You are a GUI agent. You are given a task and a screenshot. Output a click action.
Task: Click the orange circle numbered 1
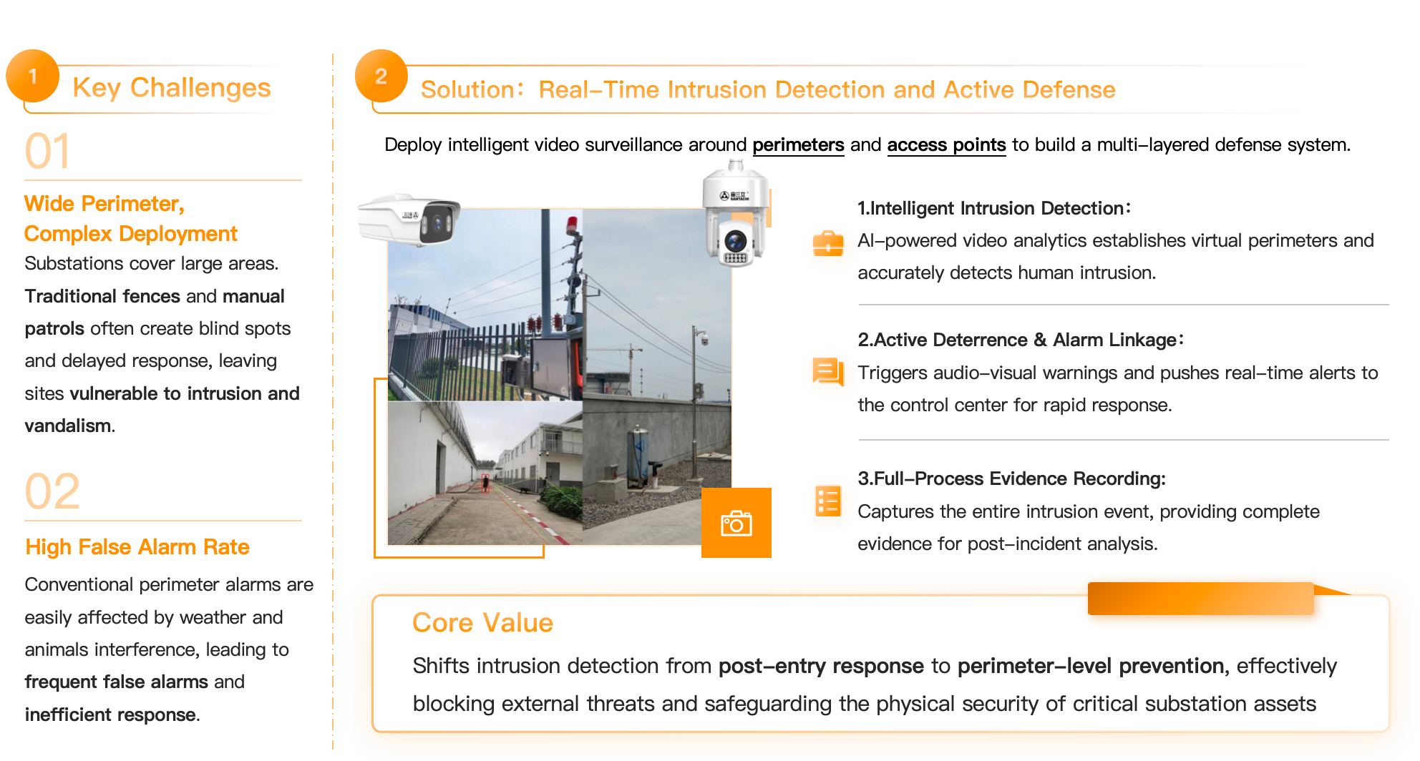click(32, 76)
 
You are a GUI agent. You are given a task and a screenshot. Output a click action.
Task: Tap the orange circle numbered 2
click(381, 76)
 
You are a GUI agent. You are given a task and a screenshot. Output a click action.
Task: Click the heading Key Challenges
click(172, 87)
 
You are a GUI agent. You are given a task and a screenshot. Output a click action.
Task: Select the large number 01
click(48, 151)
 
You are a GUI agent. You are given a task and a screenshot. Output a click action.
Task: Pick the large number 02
click(52, 491)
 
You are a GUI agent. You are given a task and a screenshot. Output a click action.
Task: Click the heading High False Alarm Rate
click(137, 547)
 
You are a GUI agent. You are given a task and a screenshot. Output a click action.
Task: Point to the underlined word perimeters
click(798, 145)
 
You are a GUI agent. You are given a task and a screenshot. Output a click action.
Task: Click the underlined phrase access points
click(946, 145)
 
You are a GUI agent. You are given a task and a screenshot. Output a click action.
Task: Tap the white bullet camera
click(409, 220)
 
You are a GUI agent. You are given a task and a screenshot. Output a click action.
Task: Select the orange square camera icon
click(736, 523)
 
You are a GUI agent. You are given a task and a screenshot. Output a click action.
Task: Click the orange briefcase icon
click(828, 243)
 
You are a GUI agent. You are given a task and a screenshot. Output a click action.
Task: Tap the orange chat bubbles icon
click(828, 371)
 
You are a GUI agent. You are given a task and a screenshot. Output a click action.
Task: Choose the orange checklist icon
click(828, 501)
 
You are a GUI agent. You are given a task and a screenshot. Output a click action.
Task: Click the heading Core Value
click(482, 623)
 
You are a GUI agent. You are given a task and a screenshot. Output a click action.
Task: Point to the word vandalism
click(68, 426)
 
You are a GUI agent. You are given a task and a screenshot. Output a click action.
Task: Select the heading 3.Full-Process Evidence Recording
click(1011, 478)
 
